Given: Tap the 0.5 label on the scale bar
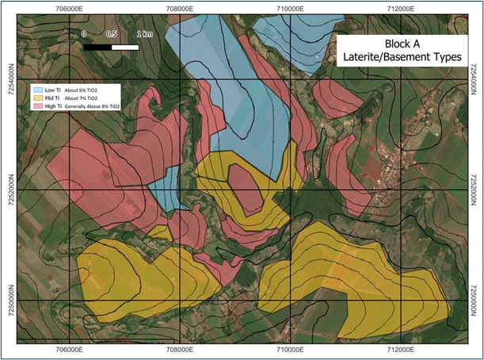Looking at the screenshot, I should coord(112,36).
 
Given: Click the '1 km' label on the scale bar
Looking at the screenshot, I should coord(145,36).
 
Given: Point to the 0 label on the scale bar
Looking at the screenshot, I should coord(84,36).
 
